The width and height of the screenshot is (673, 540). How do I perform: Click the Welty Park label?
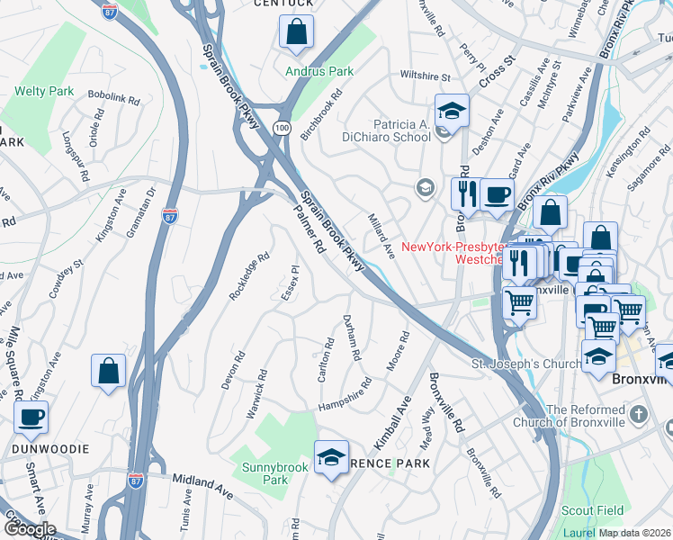tap(44, 91)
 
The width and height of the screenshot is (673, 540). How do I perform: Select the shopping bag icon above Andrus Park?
tap(296, 33)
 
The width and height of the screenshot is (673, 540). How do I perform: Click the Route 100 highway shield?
tap(283, 130)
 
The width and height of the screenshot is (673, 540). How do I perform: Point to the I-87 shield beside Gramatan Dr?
tap(171, 216)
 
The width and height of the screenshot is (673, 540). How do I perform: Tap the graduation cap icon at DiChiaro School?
tap(452, 111)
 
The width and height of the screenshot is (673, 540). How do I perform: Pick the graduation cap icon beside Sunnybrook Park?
tap(331, 458)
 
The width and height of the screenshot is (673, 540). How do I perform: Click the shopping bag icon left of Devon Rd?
tap(109, 372)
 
